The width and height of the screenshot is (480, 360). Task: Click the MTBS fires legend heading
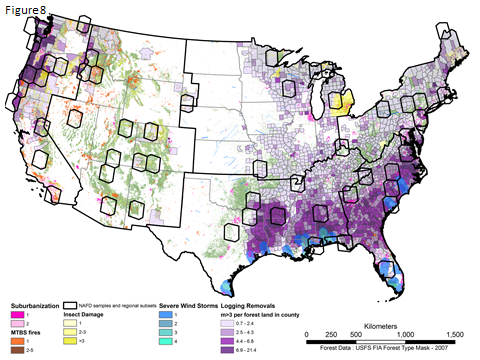(x=31, y=331)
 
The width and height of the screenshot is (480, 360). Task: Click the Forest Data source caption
(x=380, y=348)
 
